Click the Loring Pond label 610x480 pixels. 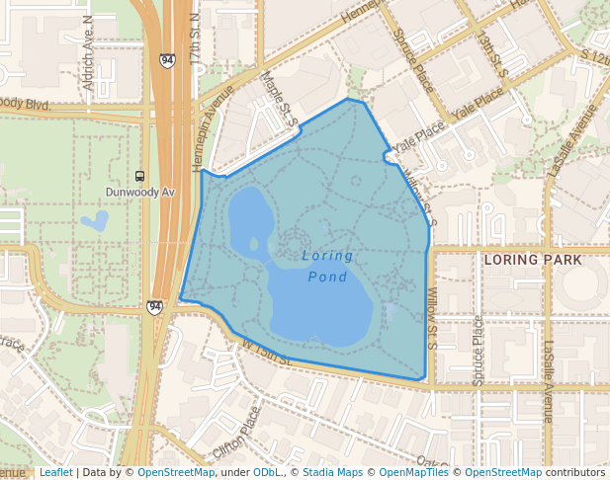327,266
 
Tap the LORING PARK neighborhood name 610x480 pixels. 534,260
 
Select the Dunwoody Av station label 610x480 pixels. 140,192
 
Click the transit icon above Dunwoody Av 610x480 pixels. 139,176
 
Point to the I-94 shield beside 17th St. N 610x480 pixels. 166,60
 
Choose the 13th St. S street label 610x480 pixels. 492,58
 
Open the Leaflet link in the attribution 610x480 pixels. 55,473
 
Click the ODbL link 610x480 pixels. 267,473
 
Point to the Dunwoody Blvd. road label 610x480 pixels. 24,103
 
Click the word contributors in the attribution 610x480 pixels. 575,473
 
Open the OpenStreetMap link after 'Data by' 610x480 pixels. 176,473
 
